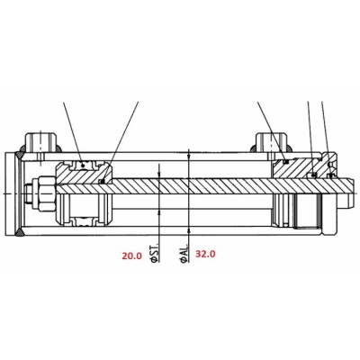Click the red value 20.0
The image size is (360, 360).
click(x=131, y=256)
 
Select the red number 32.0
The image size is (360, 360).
click(x=205, y=254)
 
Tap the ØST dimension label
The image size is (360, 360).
click(x=155, y=255)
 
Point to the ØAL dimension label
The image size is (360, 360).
click(x=184, y=254)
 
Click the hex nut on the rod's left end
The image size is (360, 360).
click(x=45, y=193)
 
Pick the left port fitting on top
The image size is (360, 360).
click(x=40, y=143)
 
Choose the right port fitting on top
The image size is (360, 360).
click(x=271, y=143)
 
